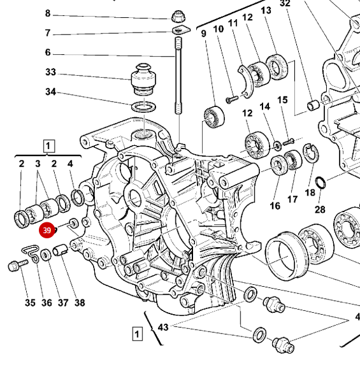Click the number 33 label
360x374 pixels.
tap(51, 72)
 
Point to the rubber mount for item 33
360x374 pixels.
tap(144, 80)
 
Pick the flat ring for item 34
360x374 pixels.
tap(143, 105)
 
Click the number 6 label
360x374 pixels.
tap(48, 52)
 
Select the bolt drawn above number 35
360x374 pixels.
tap(15, 267)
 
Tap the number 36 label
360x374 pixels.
tap(47, 303)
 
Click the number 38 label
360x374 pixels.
tap(80, 303)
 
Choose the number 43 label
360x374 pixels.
tap(163, 327)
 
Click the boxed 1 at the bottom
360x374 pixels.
tap(136, 333)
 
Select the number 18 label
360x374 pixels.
tap(310, 192)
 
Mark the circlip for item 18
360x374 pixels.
tap(310, 153)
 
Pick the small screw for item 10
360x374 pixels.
tap(231, 99)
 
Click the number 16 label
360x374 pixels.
tap(275, 205)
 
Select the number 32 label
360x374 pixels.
tap(285, 4)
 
